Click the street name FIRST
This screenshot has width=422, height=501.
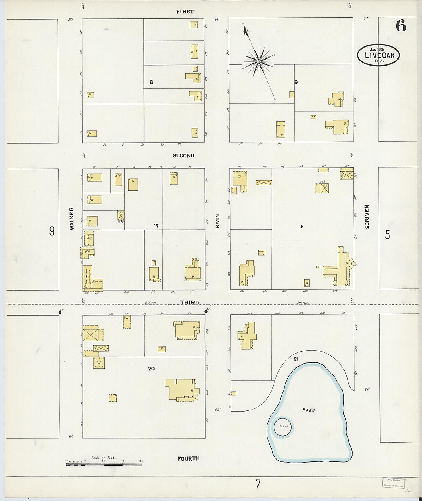tap(185, 12)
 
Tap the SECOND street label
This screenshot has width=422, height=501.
tap(183, 155)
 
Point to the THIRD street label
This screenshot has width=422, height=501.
tap(190, 303)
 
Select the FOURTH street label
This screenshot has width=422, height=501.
tap(189, 458)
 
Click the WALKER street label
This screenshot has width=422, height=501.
tap(71, 219)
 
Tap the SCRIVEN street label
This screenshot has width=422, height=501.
tap(367, 217)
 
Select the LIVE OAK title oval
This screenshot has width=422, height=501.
tap(378, 55)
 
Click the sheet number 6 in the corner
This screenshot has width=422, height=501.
tap(401, 26)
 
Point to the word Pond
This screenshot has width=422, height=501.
tap(308, 410)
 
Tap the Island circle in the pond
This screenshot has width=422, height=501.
tap(283, 427)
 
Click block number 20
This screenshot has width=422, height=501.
tap(152, 369)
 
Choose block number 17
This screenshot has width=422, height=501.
tap(156, 226)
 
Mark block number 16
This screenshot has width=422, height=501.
tap(301, 227)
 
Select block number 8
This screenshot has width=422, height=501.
tap(151, 82)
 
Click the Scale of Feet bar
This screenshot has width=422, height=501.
tap(104, 465)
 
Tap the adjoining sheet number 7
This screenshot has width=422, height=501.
tap(258, 484)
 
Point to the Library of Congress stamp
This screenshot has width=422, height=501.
tap(394, 483)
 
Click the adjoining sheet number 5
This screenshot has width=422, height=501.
tap(387, 235)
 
